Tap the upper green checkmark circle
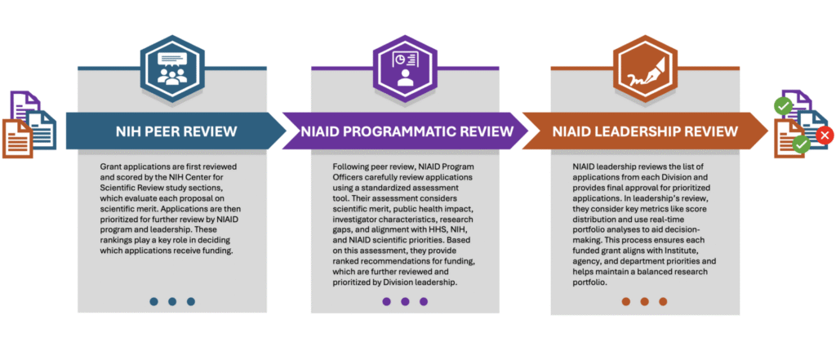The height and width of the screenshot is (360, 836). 783,105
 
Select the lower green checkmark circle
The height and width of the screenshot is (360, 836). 801,145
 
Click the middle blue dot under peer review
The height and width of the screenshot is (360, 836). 172,301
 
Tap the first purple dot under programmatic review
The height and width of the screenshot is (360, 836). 386,301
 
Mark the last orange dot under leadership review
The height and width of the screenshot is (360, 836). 663,301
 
